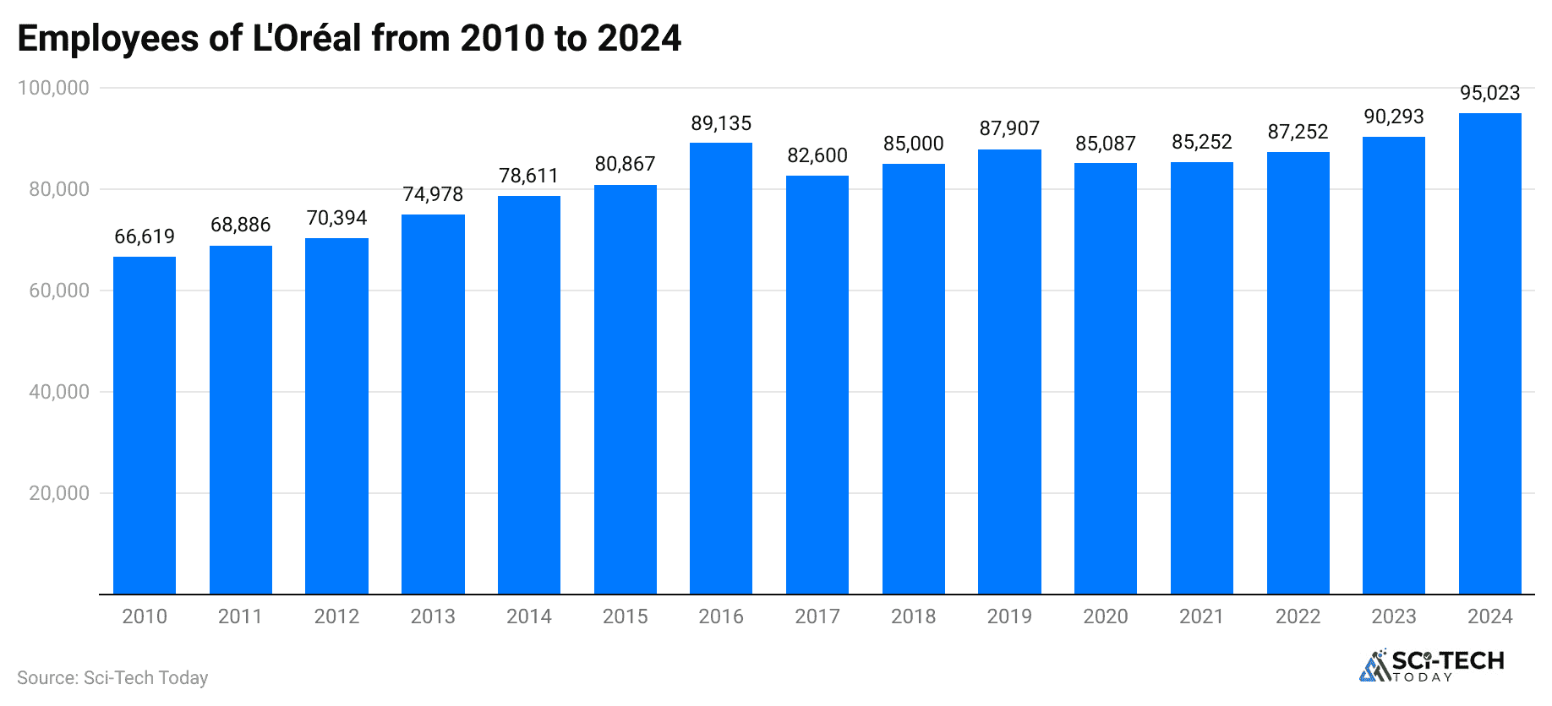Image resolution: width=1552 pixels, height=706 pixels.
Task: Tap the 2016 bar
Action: [721, 368]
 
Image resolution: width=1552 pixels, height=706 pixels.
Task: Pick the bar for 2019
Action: [1009, 372]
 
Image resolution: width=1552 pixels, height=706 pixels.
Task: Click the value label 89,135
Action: [721, 123]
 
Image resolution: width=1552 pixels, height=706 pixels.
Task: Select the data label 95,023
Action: [1489, 93]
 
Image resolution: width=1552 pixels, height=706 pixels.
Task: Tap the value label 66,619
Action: [145, 236]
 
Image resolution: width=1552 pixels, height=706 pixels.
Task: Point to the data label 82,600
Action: [817, 155]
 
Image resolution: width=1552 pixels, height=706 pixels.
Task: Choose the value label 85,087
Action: [1106, 144]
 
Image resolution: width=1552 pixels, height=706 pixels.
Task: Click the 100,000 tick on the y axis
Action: [54, 88]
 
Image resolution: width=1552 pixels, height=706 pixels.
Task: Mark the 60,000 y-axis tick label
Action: [59, 291]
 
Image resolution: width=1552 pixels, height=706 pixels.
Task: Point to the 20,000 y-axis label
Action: [59, 493]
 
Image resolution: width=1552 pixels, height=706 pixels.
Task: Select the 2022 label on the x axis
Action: [1298, 616]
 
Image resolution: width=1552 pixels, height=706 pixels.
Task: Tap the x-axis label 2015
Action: [625, 616]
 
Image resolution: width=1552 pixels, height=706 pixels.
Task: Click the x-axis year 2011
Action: [240, 616]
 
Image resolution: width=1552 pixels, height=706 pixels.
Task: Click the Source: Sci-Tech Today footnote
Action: [112, 677]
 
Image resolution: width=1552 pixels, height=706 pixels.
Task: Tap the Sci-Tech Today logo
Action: [1432, 665]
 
